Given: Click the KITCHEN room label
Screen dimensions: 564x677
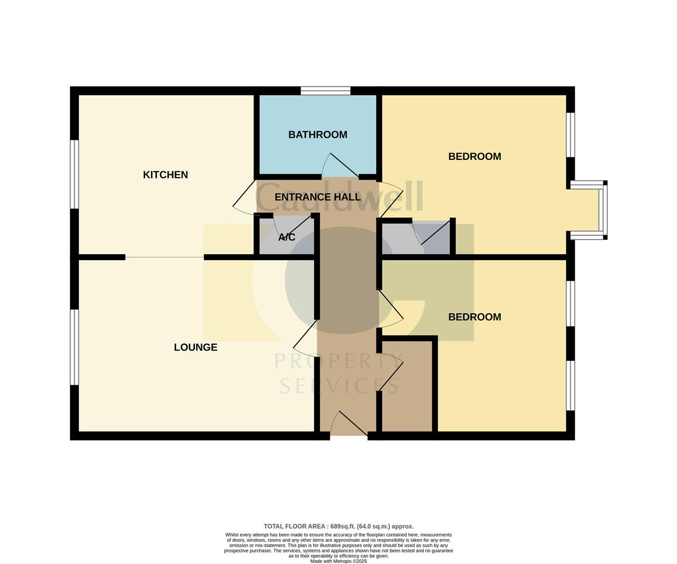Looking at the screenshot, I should pos(165,175).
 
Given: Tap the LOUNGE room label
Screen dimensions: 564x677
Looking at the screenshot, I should pos(195,347).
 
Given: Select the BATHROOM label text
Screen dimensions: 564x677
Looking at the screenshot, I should pos(317,135).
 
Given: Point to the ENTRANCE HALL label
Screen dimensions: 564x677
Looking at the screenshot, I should pos(317,197).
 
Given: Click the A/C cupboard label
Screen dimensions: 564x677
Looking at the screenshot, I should pos(287,238).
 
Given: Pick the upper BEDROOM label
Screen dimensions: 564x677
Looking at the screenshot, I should pos(474,157).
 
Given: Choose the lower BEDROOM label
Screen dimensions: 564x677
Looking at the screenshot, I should pos(474,317).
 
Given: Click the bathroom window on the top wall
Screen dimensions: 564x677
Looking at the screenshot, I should pos(325,91).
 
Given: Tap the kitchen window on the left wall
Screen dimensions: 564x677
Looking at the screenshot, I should pos(74,174).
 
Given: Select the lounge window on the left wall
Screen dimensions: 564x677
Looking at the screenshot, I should pos(74,347).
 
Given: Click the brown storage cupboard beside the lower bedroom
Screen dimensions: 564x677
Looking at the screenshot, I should pos(407,386).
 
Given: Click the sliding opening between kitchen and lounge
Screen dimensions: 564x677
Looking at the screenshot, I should pos(164,257).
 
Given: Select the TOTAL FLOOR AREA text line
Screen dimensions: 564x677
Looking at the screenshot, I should pos(338,526).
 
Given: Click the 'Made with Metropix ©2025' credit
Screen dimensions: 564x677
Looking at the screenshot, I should pos(338,561).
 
